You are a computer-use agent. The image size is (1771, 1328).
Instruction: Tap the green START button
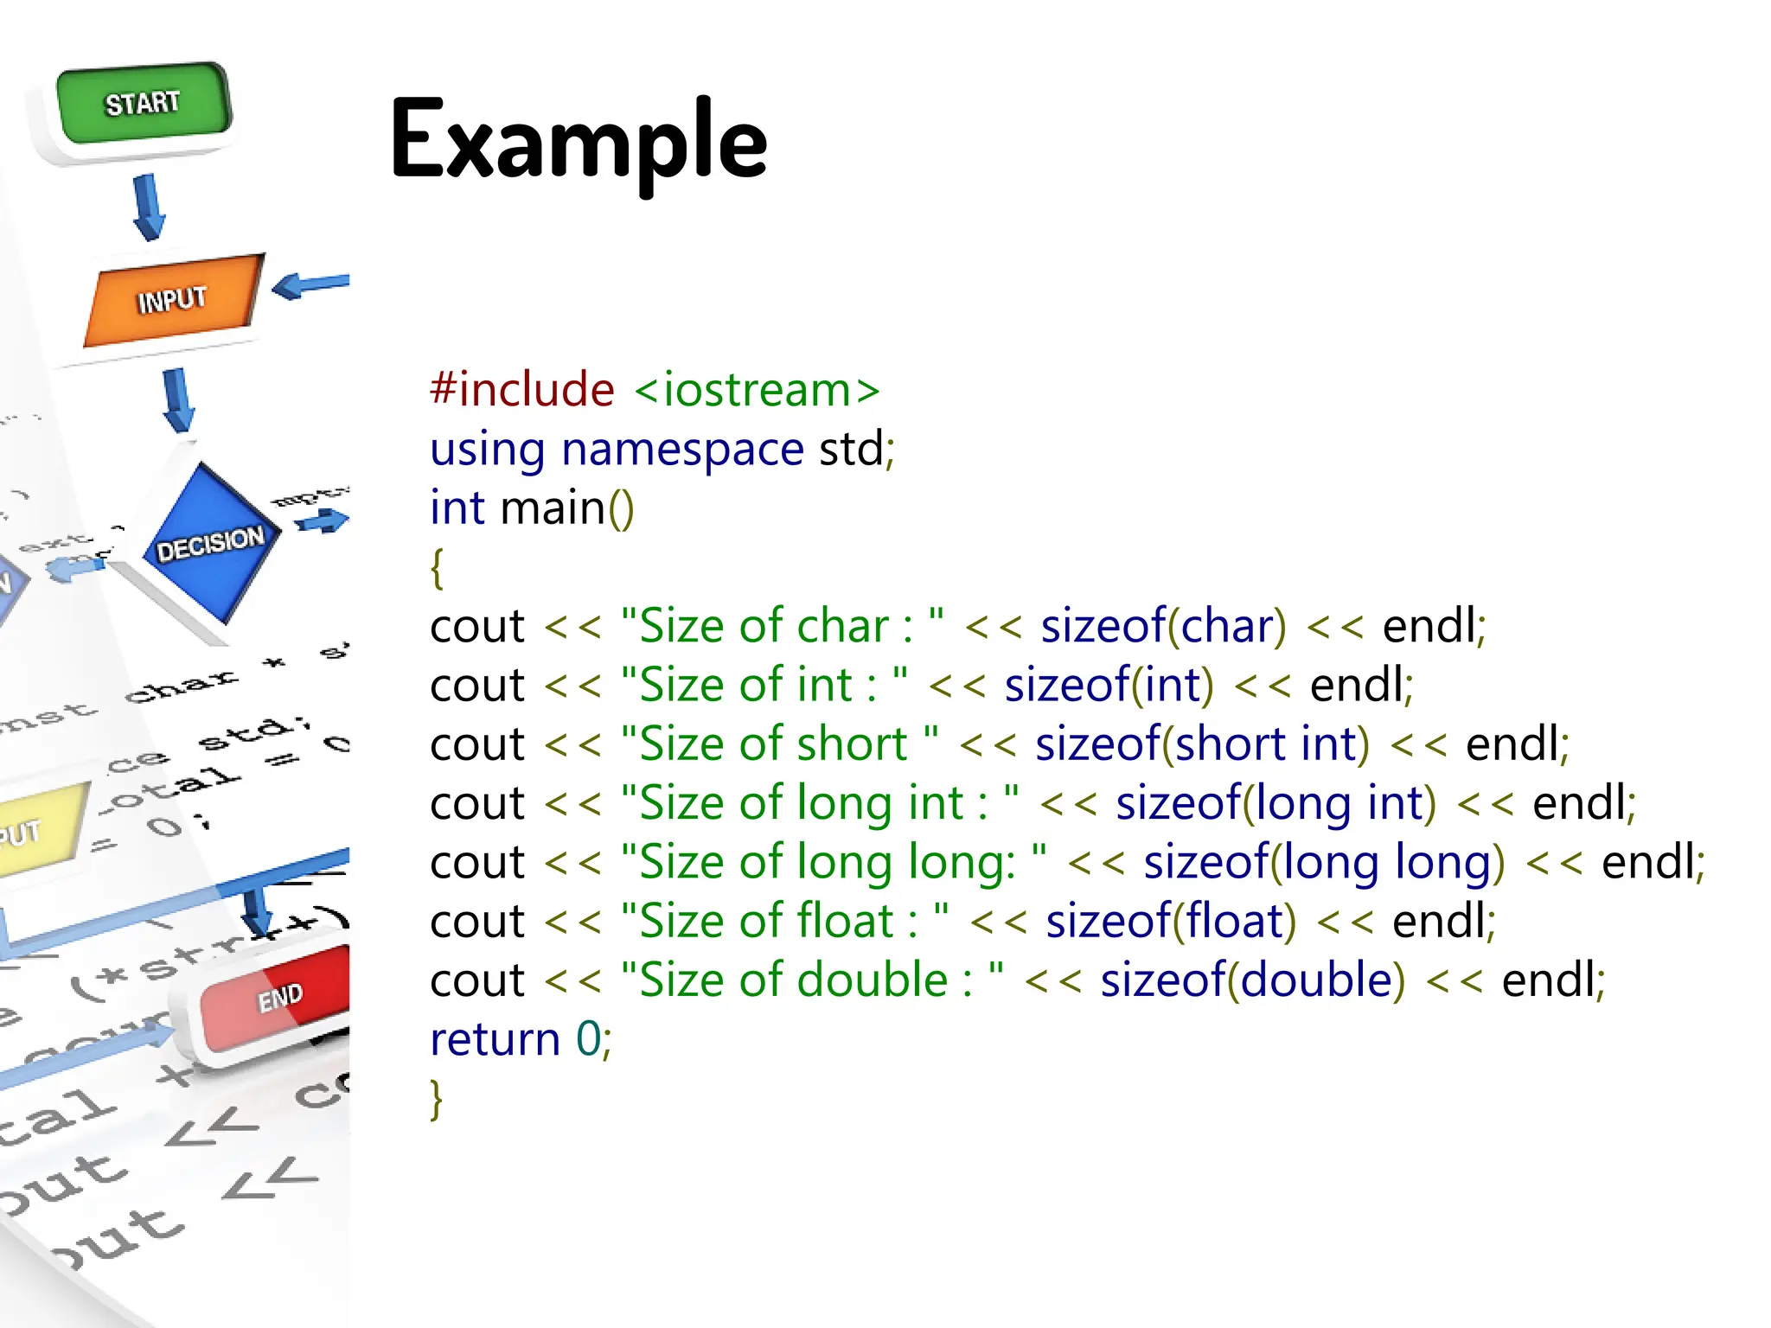point(144,105)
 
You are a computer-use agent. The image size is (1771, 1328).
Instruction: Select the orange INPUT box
point(172,299)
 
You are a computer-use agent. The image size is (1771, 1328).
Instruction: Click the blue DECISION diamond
point(211,543)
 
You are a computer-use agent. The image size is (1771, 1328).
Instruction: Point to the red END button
point(278,999)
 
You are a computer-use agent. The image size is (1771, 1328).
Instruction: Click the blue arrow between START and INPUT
point(149,206)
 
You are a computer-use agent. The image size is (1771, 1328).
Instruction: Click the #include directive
point(522,389)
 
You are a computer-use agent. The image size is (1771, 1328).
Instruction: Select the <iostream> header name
point(758,389)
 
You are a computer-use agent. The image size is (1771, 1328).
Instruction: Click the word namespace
point(682,449)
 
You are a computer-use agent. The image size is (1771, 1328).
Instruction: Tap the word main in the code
point(553,508)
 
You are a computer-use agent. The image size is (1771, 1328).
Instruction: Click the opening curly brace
point(438,568)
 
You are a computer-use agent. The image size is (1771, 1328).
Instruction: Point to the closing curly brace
point(438,1099)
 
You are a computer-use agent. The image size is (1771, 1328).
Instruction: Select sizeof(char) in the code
point(1163,625)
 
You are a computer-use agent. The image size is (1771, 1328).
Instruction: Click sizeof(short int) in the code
point(1202,744)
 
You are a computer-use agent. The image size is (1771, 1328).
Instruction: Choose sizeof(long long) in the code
point(1324,862)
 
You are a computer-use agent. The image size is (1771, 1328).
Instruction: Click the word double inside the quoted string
point(872,980)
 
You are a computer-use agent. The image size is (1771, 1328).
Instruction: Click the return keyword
point(495,1039)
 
